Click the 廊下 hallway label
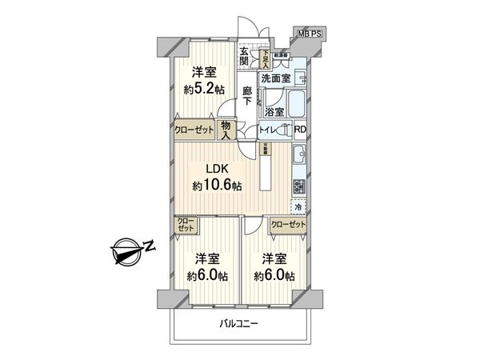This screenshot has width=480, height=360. coord(247,97)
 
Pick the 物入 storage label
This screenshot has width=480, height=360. coord(226,130)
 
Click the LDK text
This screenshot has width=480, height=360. coord(218,170)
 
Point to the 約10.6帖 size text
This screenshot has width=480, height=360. coord(217,186)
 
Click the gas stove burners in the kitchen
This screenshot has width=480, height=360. coord(298,186)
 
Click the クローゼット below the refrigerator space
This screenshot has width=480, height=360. coord(288,226)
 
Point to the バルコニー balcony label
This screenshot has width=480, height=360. coord(243,324)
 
